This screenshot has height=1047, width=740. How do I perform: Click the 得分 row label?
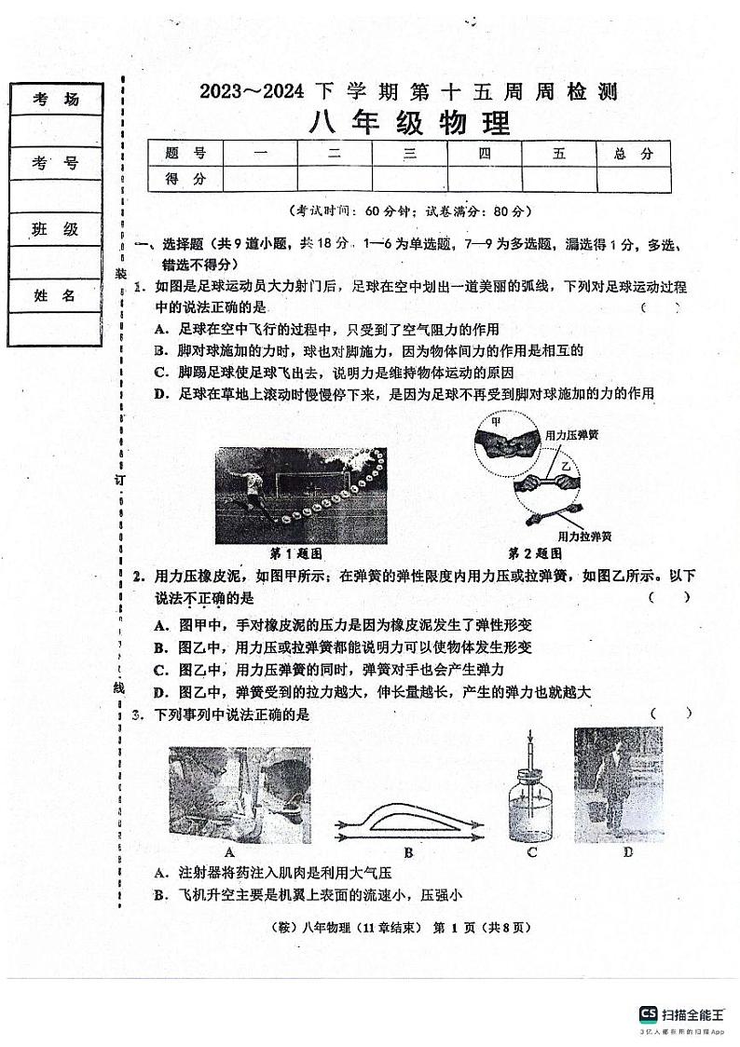point(185,179)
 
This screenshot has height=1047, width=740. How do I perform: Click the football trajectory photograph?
point(299,494)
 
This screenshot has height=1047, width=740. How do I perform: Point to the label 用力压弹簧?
point(571,435)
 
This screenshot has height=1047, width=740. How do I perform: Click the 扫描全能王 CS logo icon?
point(648,1013)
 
